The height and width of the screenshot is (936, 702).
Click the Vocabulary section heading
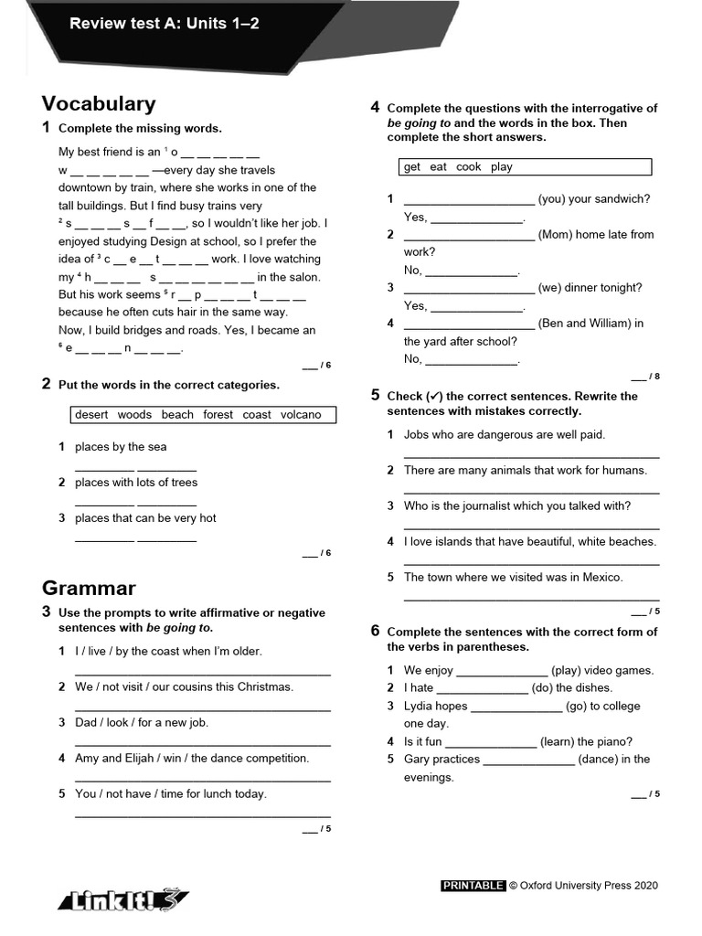[99, 104]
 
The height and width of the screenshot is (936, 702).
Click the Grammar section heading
[89, 588]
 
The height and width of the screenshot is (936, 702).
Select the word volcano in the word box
[301, 415]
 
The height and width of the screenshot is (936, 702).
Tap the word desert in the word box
[91, 415]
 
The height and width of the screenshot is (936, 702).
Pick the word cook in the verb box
[468, 167]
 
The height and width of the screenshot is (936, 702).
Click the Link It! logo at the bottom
[122, 899]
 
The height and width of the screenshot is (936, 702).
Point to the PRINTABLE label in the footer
[473, 885]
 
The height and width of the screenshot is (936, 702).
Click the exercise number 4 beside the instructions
[375, 108]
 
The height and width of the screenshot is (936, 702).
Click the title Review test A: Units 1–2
[165, 24]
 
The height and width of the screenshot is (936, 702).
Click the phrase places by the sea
[121, 447]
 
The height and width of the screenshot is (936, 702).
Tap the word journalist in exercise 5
[473, 505]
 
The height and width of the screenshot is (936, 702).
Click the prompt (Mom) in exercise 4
[558, 234]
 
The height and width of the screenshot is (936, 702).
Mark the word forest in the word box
[218, 415]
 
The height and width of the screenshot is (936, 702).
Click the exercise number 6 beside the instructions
[375, 632]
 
